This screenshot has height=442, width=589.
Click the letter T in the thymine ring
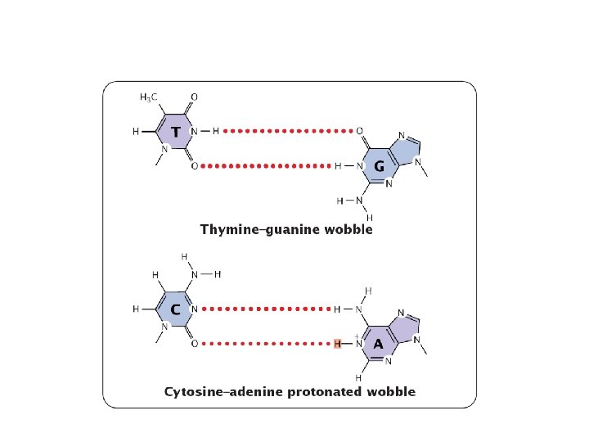click(x=175, y=132)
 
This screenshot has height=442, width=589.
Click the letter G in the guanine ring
click(x=379, y=166)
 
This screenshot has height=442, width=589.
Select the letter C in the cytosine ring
click(x=175, y=310)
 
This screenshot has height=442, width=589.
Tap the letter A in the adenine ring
click(x=378, y=345)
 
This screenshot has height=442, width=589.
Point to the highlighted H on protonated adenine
click(x=337, y=345)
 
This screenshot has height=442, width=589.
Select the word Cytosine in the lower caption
click(x=196, y=392)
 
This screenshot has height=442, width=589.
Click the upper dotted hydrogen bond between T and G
click(x=287, y=131)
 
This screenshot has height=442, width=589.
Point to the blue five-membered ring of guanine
click(x=407, y=152)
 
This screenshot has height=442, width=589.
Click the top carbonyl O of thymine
click(x=193, y=97)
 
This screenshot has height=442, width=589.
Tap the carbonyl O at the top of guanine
click(x=359, y=131)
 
